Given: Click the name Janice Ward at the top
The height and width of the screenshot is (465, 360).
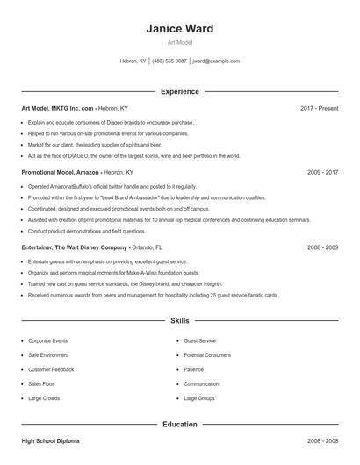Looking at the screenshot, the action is (180, 29).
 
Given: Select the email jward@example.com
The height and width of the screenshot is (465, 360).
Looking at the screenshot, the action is (216, 61).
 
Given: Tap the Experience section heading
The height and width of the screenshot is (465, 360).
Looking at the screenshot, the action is (180, 91).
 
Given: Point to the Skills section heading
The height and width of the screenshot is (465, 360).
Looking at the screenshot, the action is (180, 321).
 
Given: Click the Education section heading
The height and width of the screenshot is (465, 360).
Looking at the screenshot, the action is (180, 425).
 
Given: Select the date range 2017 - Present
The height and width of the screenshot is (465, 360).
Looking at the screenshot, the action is (319, 108).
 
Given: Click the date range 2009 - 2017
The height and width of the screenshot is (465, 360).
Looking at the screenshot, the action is (322, 173).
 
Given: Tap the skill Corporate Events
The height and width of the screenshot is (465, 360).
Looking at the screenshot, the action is (47, 340).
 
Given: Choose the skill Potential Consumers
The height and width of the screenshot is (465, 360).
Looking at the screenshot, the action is (207, 354).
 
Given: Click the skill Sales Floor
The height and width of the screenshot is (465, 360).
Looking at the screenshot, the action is (42, 383).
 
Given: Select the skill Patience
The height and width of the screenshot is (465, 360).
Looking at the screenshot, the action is (193, 369).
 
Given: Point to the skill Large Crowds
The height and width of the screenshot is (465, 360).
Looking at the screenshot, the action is (44, 398).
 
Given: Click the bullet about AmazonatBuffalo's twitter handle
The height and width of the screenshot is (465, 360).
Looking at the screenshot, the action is (112, 187).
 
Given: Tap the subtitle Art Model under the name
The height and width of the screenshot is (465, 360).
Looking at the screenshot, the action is (180, 42).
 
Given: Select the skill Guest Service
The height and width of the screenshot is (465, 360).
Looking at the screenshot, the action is (200, 340).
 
